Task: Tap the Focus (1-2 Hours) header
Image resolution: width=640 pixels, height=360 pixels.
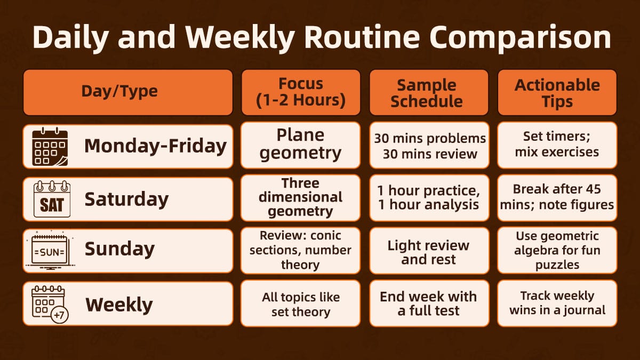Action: [300, 92]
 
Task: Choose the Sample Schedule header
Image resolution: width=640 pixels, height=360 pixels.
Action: [428, 92]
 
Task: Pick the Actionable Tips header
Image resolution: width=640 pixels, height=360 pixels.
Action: [557, 92]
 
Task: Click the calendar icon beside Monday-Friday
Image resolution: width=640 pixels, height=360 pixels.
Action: [50, 147]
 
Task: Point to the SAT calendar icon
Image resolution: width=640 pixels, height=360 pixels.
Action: [51, 199]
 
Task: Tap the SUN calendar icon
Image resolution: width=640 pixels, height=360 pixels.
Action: [49, 250]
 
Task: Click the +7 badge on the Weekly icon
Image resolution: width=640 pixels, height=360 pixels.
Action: [59, 315]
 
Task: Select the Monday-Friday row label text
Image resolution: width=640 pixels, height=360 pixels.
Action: [155, 146]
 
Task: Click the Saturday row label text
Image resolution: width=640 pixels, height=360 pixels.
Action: [126, 199]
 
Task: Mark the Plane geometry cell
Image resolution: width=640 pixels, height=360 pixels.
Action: [300, 145]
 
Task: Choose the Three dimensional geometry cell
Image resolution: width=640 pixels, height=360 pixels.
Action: [300, 197]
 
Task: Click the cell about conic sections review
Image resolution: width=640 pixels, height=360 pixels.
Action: [300, 250]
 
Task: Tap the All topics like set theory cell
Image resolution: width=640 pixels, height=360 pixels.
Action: [300, 304]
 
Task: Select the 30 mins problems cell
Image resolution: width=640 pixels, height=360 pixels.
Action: [429, 145]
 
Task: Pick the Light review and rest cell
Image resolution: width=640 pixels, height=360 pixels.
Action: [428, 252]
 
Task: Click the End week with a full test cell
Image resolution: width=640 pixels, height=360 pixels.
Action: [428, 303]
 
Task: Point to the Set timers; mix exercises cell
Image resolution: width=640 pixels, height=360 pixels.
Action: [557, 145]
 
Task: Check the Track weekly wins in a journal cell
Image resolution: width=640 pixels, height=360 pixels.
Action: [557, 303]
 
